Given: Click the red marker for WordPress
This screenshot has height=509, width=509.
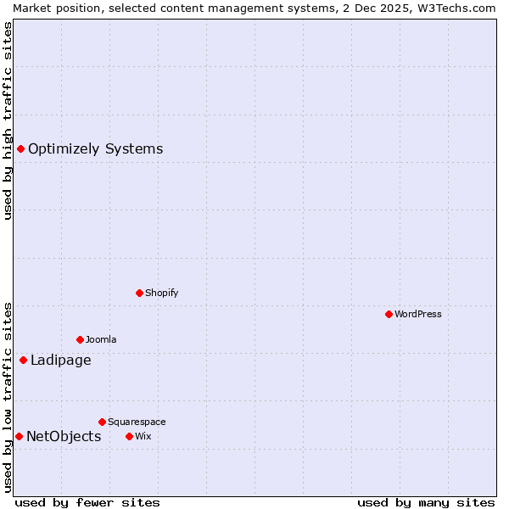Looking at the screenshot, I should [389, 314].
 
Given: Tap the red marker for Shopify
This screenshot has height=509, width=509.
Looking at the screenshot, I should [139, 293].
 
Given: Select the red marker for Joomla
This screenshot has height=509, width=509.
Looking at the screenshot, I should [80, 339].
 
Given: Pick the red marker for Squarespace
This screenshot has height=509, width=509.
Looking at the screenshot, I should [102, 422].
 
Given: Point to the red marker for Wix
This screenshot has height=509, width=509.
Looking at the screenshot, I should [129, 436].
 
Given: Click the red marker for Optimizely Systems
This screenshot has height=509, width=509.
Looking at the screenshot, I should [20, 149].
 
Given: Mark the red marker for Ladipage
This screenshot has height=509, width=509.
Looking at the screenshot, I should [23, 360].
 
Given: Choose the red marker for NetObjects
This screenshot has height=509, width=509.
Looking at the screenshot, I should [19, 436].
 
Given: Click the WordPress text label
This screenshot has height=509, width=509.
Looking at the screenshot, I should [418, 314].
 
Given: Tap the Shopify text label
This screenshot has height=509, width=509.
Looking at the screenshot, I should [161, 293].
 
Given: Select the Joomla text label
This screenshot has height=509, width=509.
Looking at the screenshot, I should [101, 339].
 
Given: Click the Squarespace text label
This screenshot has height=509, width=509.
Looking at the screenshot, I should [137, 422].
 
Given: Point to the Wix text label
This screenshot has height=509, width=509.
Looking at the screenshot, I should [143, 436].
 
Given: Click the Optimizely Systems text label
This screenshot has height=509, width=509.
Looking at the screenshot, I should [95, 149].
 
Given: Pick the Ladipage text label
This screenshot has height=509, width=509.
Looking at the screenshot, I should [60, 360].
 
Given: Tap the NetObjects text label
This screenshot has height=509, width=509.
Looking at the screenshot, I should [64, 436].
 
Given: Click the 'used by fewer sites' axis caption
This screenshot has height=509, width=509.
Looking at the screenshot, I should [87, 502].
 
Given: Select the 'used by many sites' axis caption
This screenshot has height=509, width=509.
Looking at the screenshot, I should [426, 502].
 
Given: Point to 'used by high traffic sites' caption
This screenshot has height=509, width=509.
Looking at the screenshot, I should [8, 120].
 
